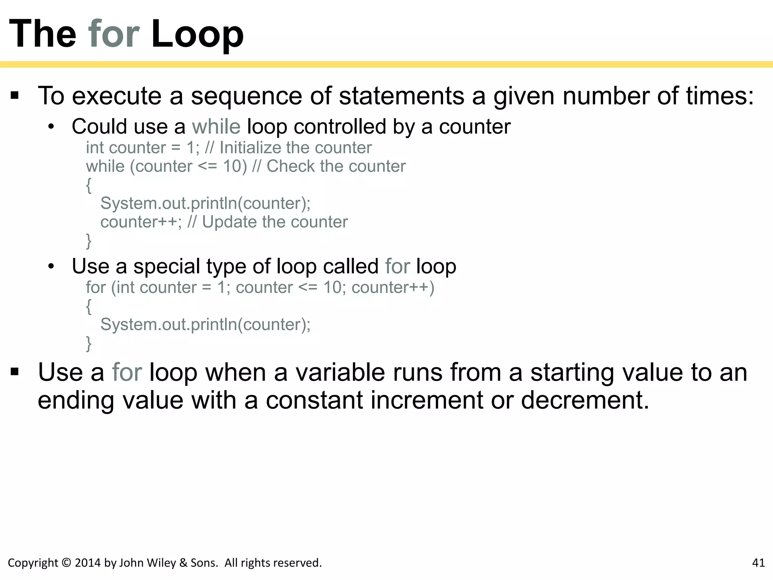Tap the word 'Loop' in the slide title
[197, 35]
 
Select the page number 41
[758, 563]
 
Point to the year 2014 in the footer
[88, 563]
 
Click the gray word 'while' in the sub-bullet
[216, 126]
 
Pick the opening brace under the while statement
[89, 185]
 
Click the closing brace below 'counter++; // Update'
[89, 241]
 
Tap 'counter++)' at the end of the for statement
[393, 287]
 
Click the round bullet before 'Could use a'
[51, 127]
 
